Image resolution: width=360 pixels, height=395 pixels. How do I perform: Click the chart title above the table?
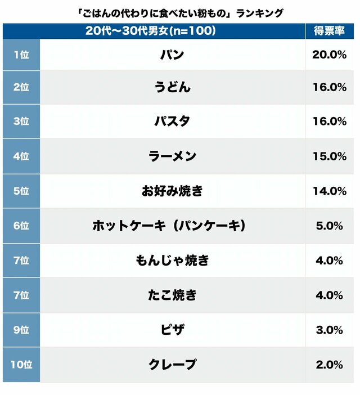pyautogui.click(x=179, y=12)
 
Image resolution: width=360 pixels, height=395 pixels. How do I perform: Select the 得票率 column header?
pyautogui.click(x=329, y=32)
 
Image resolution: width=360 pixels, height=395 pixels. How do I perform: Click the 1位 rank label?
pyautogui.click(x=21, y=55)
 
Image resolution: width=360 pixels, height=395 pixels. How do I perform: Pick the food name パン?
pyautogui.click(x=172, y=55)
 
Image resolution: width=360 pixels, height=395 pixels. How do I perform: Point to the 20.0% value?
pyautogui.click(x=329, y=55)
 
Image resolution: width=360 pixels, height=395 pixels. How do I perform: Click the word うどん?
pyautogui.click(x=172, y=87)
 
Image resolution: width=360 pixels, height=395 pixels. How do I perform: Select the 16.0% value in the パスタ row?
pyautogui.click(x=329, y=122)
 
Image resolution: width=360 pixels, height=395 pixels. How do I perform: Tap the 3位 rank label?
pyautogui.click(x=21, y=122)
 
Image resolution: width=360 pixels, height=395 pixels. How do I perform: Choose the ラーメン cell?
pyautogui.click(x=172, y=156)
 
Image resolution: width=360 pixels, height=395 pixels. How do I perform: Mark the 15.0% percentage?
pyautogui.click(x=329, y=156)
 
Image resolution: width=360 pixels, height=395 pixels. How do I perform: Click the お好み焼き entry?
pyautogui.click(x=172, y=191)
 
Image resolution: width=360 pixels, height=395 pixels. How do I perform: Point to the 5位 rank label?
pyautogui.click(x=21, y=191)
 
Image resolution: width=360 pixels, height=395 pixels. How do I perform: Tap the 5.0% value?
pyautogui.click(x=329, y=226)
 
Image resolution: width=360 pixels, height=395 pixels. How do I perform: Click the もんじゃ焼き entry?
pyautogui.click(x=172, y=261)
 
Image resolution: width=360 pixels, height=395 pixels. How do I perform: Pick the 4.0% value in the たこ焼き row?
pyautogui.click(x=329, y=295)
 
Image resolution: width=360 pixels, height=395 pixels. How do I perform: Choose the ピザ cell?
pyautogui.click(x=172, y=330)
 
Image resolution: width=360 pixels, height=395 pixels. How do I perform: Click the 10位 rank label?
pyautogui.click(x=21, y=365)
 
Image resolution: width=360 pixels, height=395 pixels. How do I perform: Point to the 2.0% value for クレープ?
pyautogui.click(x=329, y=365)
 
